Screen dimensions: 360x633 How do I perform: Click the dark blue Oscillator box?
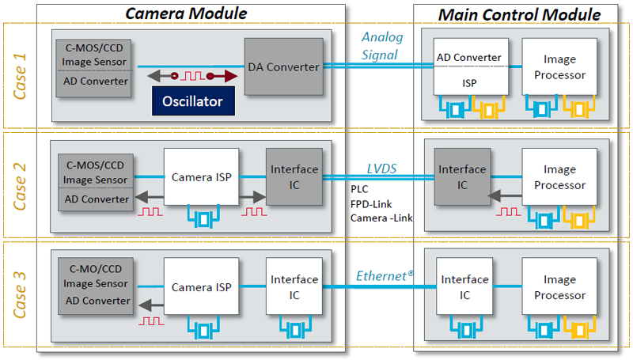pyautogui.click(x=193, y=101)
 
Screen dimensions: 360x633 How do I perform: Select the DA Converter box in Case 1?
pyautogui.click(x=283, y=67)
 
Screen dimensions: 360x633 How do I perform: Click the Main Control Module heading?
pyautogui.click(x=519, y=14)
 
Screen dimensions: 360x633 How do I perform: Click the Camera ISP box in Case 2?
pyautogui.click(x=202, y=176)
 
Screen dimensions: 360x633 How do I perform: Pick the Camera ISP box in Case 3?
pyautogui.click(x=202, y=287)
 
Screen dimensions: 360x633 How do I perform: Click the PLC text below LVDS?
pyautogui.click(x=359, y=189)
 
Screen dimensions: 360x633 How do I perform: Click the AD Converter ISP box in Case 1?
pyautogui.click(x=469, y=69)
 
